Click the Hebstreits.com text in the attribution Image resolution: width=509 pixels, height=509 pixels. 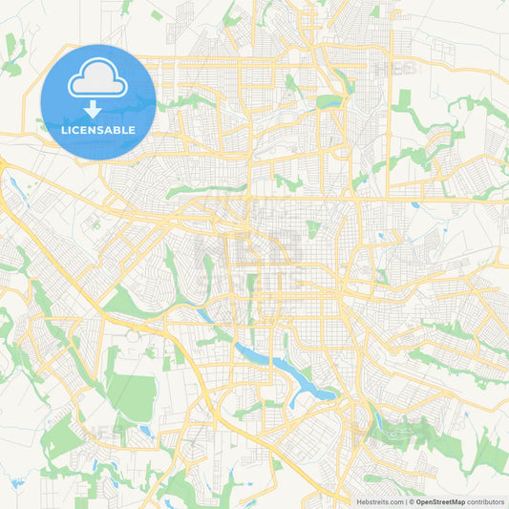(x=376, y=501)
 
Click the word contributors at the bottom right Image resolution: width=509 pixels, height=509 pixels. (x=486, y=501)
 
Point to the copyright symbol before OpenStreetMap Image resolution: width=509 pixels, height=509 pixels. (x=411, y=501)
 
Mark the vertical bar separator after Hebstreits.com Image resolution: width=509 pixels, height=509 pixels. (x=405, y=501)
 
